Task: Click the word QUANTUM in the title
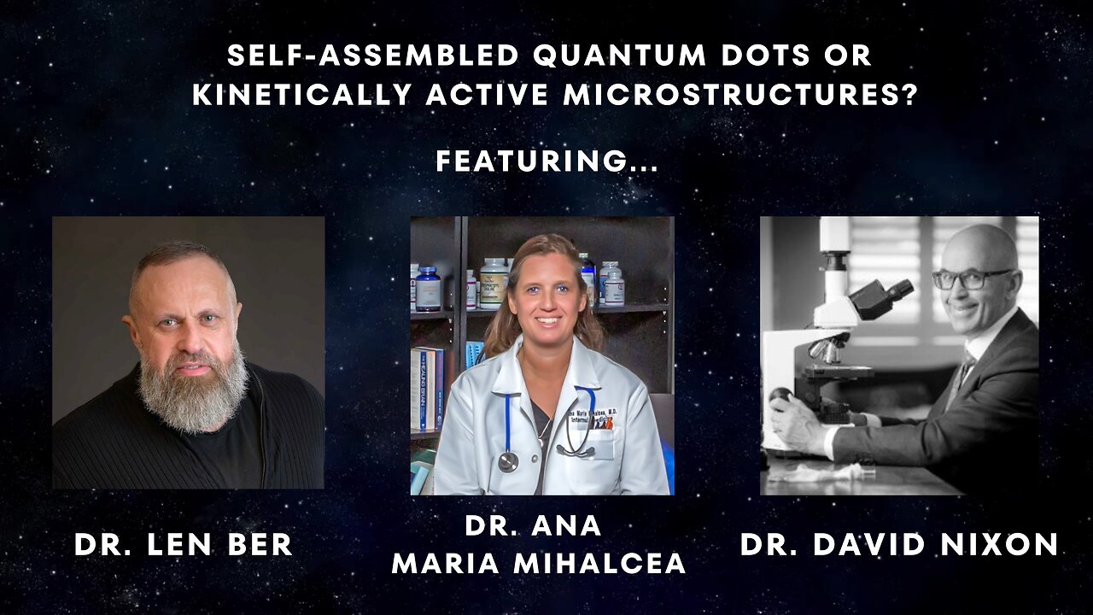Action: [x=615, y=56]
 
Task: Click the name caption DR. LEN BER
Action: [x=184, y=545]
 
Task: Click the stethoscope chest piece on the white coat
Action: [x=508, y=461]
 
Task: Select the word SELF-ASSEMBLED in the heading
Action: [x=372, y=56]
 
